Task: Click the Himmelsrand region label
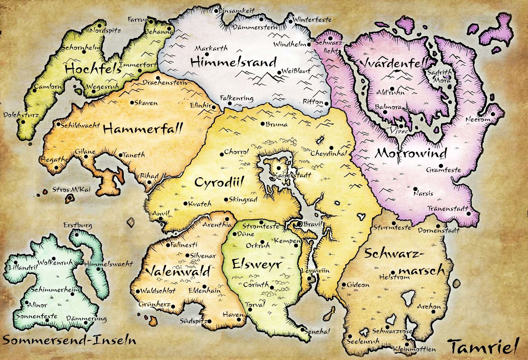[x=233, y=62]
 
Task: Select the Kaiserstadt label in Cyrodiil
[x=292, y=175]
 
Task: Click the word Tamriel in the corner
[x=483, y=347]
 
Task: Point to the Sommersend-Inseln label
[x=69, y=341]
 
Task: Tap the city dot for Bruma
[x=262, y=124]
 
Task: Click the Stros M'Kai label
[x=71, y=190]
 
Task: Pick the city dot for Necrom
[x=493, y=114]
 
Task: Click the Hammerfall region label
[x=143, y=129]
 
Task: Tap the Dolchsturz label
[x=21, y=115]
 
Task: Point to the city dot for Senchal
[x=302, y=330]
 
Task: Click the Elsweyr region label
[x=257, y=264]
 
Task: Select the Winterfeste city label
[x=312, y=20]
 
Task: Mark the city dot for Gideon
[x=344, y=285]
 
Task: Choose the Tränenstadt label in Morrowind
[x=448, y=208]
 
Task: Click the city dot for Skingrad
[x=226, y=200]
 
